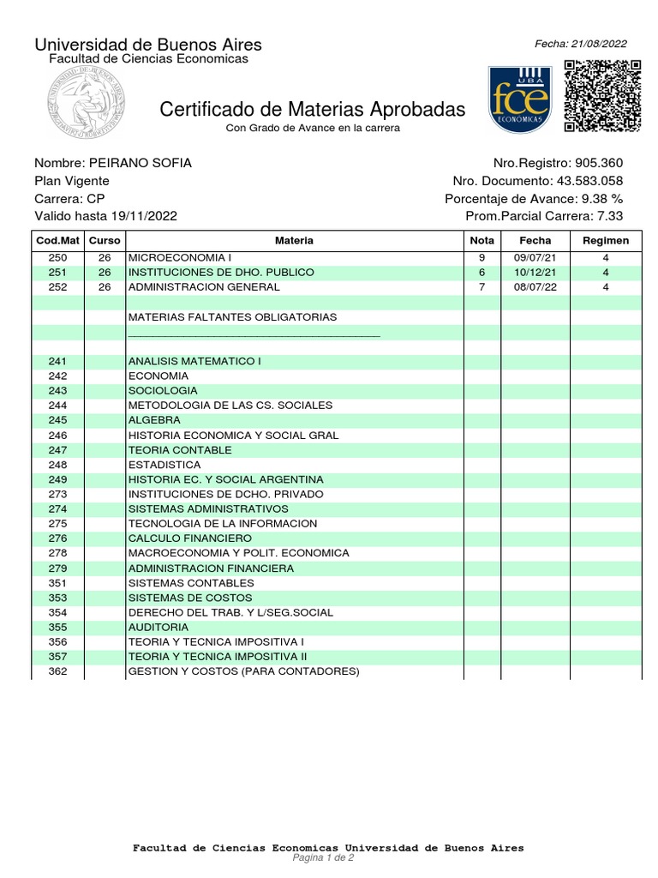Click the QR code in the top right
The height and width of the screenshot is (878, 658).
coord(603,96)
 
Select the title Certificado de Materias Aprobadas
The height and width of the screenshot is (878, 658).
coord(313,110)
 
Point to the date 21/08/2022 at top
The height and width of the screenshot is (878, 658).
coord(599,45)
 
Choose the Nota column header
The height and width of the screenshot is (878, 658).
coord(482,241)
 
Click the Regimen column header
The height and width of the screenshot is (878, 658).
coord(605,241)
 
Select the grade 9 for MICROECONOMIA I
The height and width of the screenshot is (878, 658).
coord(482,257)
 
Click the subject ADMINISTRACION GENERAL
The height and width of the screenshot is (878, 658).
coord(195,287)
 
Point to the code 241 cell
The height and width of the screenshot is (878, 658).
coord(57,361)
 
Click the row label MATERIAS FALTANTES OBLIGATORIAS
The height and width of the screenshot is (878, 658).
coord(232,317)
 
